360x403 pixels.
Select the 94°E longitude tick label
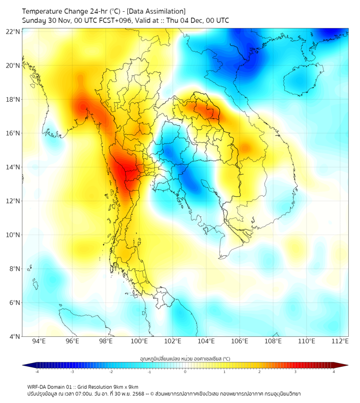pos(39,341)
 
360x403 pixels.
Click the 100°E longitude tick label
pos(139,341)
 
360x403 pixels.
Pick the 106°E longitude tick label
pos(240,341)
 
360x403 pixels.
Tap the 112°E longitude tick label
pos(340,341)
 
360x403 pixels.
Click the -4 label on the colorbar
pos(37,372)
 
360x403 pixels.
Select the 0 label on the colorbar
pos(185,372)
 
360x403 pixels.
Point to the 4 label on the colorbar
pos(334,372)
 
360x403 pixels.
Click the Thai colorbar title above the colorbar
pos(185,358)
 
